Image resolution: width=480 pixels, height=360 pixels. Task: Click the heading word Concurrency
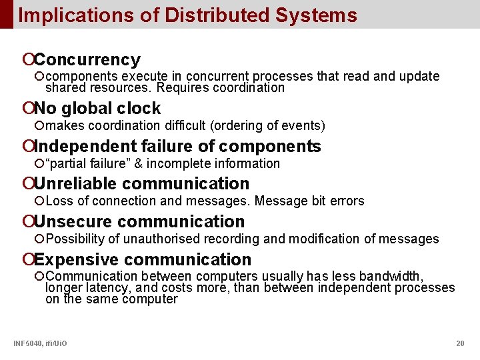coord(87,60)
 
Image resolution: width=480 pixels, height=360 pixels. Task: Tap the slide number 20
coord(460,343)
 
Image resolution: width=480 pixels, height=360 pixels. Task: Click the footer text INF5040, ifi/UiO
coord(40,343)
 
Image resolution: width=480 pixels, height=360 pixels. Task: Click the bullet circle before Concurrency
coord(27,60)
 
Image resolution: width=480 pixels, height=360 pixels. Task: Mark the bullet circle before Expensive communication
coord(27,259)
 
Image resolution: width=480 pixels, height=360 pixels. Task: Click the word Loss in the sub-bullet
coord(59,201)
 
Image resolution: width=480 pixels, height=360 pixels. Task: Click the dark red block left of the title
coord(6,14)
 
